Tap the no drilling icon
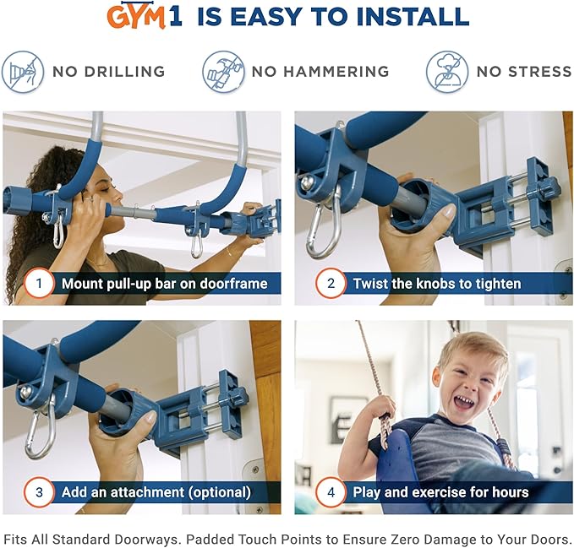(23, 71)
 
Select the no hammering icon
(223, 71)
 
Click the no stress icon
(446, 71)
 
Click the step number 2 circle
(331, 283)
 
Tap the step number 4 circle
(331, 491)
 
